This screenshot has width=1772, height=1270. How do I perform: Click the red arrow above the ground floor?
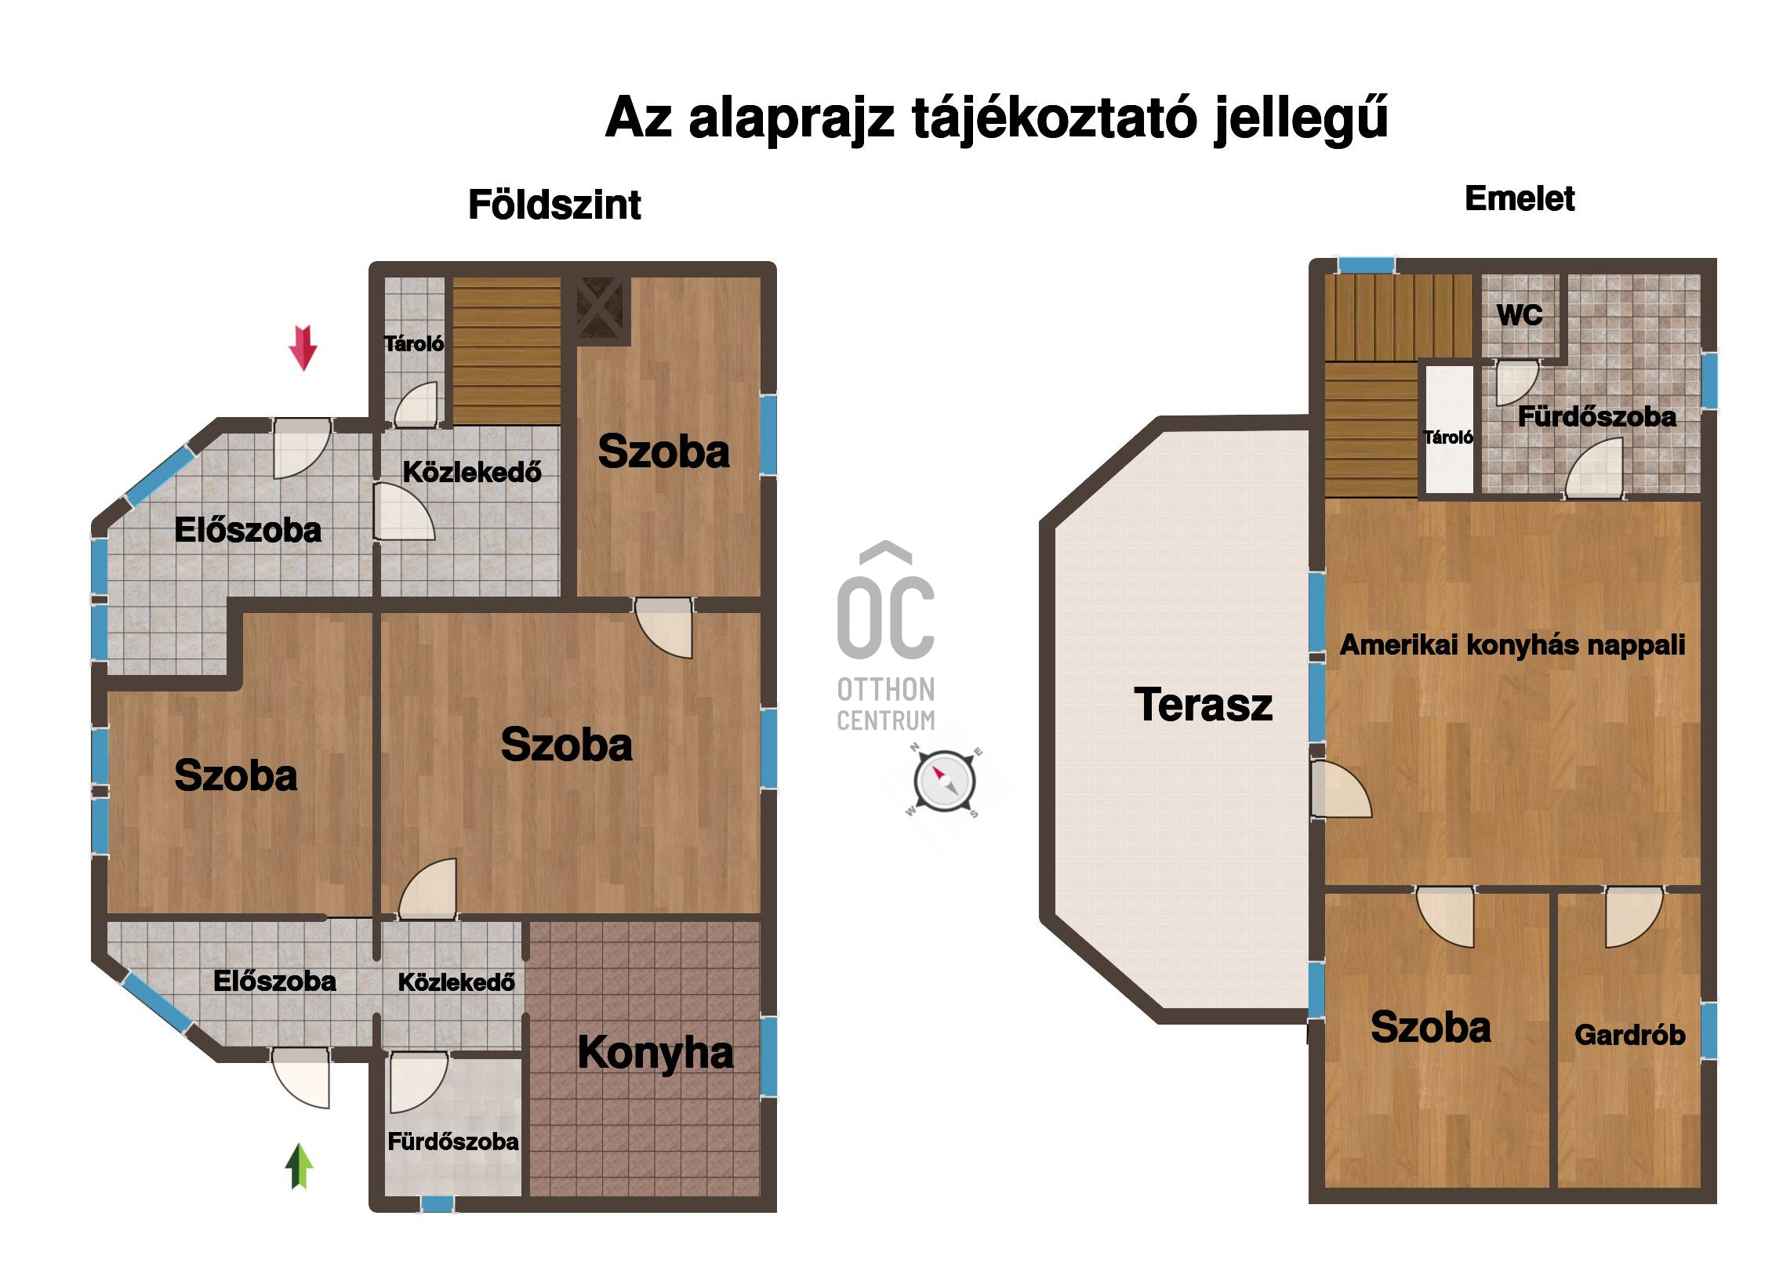(x=303, y=347)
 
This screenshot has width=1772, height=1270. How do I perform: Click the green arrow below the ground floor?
(x=299, y=1166)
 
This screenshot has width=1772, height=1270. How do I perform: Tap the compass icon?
(x=944, y=781)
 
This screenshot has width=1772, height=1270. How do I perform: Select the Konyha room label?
(x=655, y=1053)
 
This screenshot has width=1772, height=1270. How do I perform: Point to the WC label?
(x=1520, y=315)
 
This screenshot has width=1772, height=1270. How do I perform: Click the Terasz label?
(x=1203, y=704)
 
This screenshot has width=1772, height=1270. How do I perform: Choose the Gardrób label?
(x=1630, y=1035)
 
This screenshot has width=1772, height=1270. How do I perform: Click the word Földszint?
(x=554, y=205)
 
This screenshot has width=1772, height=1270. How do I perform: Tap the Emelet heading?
(x=1520, y=198)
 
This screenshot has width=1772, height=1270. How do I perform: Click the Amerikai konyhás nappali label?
(x=1512, y=644)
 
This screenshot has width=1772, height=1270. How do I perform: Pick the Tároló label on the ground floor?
(x=414, y=343)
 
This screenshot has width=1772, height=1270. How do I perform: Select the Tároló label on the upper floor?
(x=1448, y=437)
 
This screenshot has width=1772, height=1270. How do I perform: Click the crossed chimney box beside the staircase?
(x=600, y=308)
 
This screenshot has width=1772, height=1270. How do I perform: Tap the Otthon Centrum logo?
(x=886, y=637)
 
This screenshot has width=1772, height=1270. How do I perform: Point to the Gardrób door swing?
(x=1634, y=917)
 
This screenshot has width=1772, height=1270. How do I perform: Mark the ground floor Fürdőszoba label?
(x=453, y=1141)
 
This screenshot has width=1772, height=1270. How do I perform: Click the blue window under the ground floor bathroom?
(x=437, y=1203)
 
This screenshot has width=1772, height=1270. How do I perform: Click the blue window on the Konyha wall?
(x=768, y=1055)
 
